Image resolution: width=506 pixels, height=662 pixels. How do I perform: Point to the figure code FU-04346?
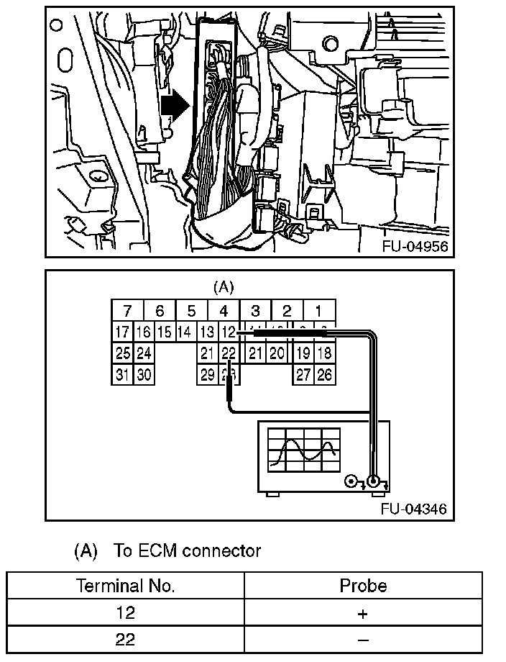[415, 509]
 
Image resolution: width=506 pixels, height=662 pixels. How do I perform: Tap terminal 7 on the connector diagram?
[127, 312]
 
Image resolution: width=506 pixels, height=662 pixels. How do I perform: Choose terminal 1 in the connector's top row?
[318, 312]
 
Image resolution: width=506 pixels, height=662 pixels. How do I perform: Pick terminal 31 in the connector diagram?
[122, 374]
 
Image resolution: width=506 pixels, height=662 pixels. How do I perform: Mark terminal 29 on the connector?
[208, 374]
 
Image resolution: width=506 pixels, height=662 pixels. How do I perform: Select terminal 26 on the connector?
[325, 374]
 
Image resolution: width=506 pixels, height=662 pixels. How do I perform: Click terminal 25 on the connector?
[122, 353]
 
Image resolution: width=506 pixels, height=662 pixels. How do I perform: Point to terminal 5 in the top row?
[191, 312]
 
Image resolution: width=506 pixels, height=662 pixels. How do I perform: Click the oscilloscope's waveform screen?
[303, 450]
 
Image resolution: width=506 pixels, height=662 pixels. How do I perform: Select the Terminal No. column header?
[126, 586]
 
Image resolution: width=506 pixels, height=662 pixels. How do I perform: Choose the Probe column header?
[363, 586]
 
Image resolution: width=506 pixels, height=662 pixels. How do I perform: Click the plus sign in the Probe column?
[363, 614]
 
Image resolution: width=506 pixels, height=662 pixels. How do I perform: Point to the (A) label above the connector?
[224, 286]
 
